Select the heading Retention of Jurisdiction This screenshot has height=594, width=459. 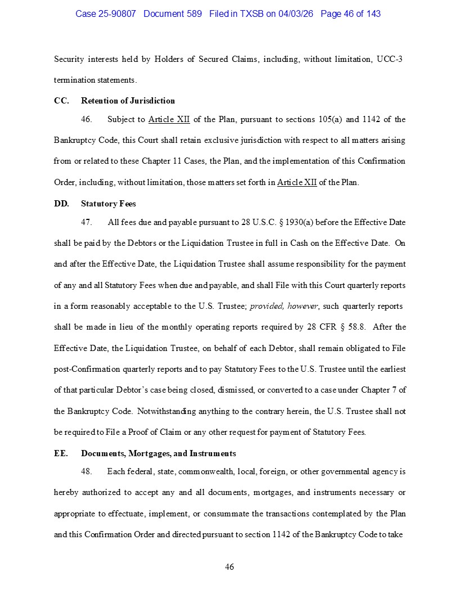tap(128, 101)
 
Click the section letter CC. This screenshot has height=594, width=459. tap(61, 101)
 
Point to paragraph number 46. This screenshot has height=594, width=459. tap(87, 119)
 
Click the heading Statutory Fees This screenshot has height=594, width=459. tap(108, 204)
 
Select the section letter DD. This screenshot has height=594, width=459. tap(61, 204)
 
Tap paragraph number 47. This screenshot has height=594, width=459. tap(87, 222)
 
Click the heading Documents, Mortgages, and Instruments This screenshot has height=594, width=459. tap(158, 453)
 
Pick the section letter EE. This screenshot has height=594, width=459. tap(61, 453)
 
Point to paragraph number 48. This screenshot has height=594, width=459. tap(87, 471)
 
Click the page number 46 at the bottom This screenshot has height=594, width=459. tap(229, 567)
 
